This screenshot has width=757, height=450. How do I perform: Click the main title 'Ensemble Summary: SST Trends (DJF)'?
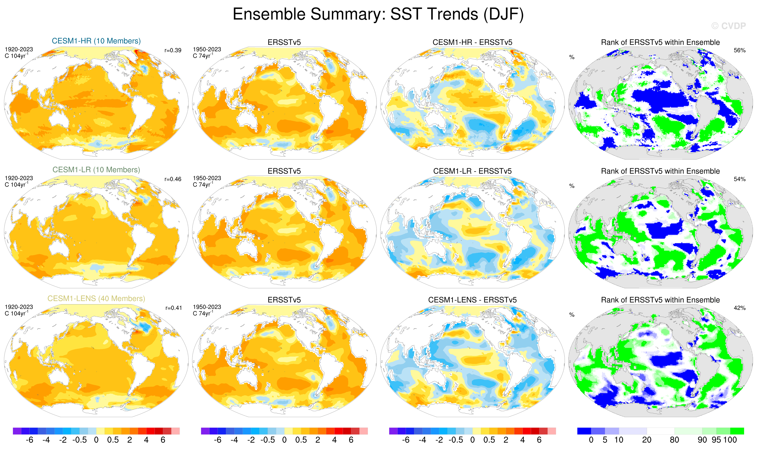(378, 14)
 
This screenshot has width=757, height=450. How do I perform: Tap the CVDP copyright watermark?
(728, 26)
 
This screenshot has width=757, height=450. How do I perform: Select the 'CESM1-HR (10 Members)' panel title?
(96, 41)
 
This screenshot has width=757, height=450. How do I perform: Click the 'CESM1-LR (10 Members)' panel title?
(96, 170)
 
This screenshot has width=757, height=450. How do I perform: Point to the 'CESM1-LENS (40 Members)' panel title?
(96, 299)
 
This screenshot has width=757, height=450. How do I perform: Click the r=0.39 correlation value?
(173, 50)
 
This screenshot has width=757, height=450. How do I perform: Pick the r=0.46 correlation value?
(173, 179)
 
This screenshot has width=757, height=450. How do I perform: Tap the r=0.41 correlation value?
(173, 308)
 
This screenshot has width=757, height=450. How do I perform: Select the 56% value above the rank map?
(739, 50)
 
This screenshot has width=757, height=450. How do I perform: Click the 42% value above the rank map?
(739, 308)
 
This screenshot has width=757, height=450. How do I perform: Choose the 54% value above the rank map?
(739, 179)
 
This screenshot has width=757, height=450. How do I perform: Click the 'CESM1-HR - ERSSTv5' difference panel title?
(472, 43)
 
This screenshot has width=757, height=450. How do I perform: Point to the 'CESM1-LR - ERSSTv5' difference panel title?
(472, 171)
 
